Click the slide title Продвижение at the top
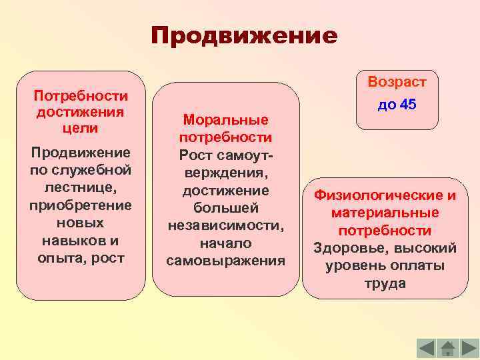pyautogui.click(x=244, y=35)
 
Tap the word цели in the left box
pyautogui.click(x=80, y=127)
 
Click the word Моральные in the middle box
pyautogui.click(x=225, y=120)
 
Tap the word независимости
pyautogui.click(x=225, y=225)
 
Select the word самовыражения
pyautogui.click(x=225, y=259)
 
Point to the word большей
pyautogui.click(x=225, y=207)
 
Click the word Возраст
pyautogui.click(x=397, y=83)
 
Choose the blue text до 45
pyautogui.click(x=397, y=105)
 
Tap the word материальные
pyautogui.click(x=385, y=213)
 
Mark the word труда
pyautogui.click(x=385, y=283)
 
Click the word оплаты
pyautogui.click(x=416, y=265)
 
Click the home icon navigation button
pyautogui.click(x=448, y=348)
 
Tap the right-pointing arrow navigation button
pyautogui.click(x=469, y=348)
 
